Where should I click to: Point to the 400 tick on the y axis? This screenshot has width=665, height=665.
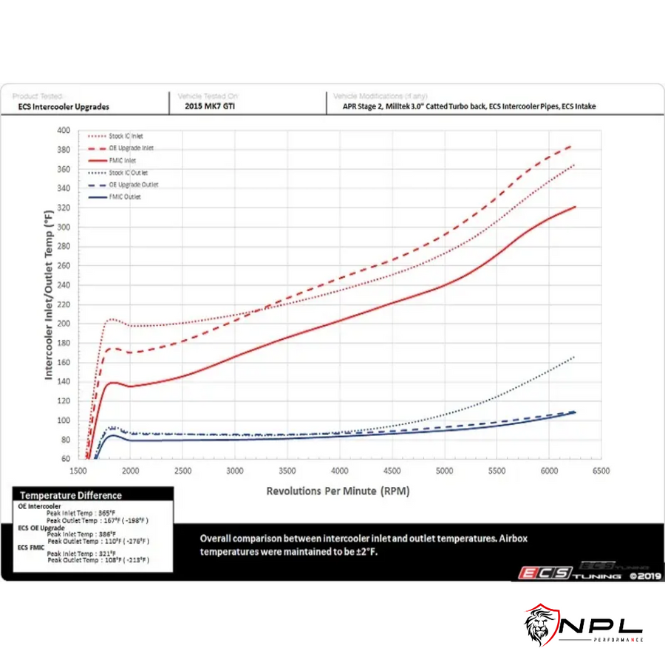click(x=64, y=131)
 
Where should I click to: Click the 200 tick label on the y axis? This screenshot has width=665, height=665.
click(x=64, y=324)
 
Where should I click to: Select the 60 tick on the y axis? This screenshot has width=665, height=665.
click(x=66, y=459)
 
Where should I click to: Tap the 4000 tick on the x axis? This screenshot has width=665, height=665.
click(x=340, y=471)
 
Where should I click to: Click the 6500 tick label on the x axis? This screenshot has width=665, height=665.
click(x=601, y=471)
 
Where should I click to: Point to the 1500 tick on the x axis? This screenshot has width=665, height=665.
click(x=78, y=471)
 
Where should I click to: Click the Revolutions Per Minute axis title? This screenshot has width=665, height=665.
click(x=338, y=491)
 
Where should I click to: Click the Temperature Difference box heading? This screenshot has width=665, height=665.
click(x=71, y=495)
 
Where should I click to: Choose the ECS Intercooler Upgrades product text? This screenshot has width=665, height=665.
click(x=64, y=106)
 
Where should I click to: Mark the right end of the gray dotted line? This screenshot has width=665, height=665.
click(x=574, y=357)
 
